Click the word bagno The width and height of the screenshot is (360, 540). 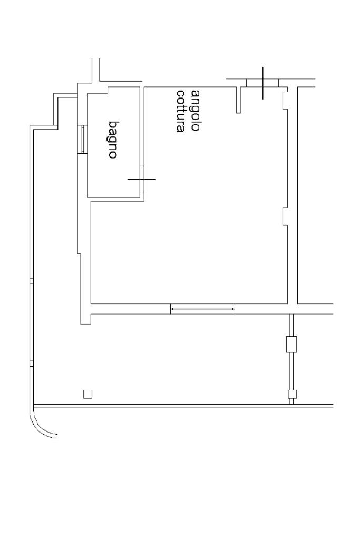point(113,140)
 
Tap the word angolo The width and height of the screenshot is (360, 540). point(196,111)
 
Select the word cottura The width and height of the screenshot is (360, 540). point(181,111)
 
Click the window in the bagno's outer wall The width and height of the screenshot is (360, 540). point(82,140)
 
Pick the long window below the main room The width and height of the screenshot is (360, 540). point(202,309)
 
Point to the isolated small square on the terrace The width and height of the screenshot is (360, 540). point(88,394)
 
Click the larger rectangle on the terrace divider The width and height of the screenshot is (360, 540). point(291,344)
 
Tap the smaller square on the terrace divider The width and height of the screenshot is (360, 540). point(291,394)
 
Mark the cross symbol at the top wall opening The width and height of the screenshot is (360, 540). point(262,83)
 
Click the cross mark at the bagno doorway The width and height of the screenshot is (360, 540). point(142,179)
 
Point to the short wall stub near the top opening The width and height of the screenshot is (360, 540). point(239,100)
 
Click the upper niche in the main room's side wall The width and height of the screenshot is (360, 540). point(285,99)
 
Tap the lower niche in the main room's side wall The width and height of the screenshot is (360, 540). point(285,216)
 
